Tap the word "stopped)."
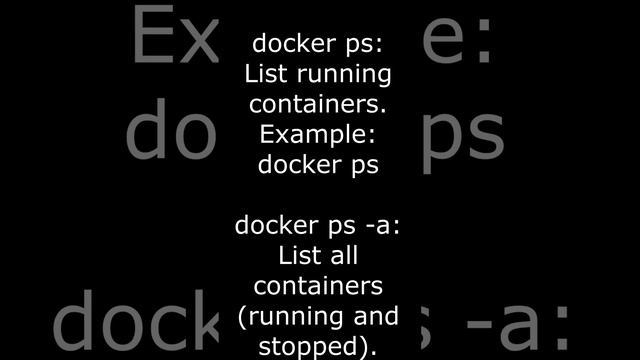[x=318, y=347]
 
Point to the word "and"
[x=377, y=317]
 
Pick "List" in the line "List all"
[x=298, y=256]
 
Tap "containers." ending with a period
[x=318, y=104]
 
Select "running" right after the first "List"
[x=341, y=76]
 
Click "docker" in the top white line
[x=286, y=44]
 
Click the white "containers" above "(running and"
[x=318, y=286]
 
